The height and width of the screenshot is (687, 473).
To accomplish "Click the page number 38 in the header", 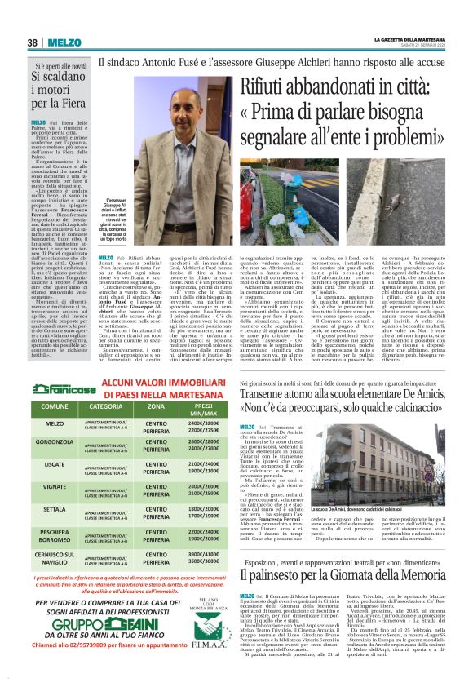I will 32,42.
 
